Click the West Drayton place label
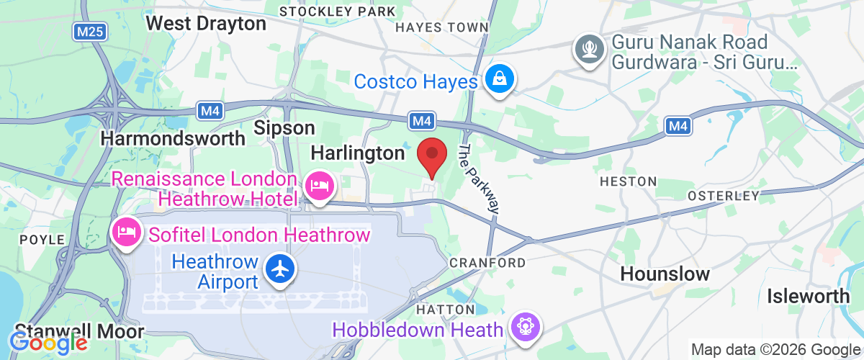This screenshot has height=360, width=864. [x=206, y=23]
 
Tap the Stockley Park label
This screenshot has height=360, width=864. [x=337, y=12]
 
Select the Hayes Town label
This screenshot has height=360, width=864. [x=443, y=27]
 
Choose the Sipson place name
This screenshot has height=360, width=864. [x=286, y=128]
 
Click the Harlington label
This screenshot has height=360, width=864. [x=357, y=153]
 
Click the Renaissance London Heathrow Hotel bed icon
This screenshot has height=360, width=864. [x=318, y=186]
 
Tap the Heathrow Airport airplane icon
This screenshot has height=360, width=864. [x=279, y=269]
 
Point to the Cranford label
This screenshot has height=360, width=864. [x=487, y=263]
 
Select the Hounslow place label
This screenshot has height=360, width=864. [x=665, y=274]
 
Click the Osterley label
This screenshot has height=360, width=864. [x=723, y=196]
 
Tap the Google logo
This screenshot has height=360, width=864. [x=48, y=343]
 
